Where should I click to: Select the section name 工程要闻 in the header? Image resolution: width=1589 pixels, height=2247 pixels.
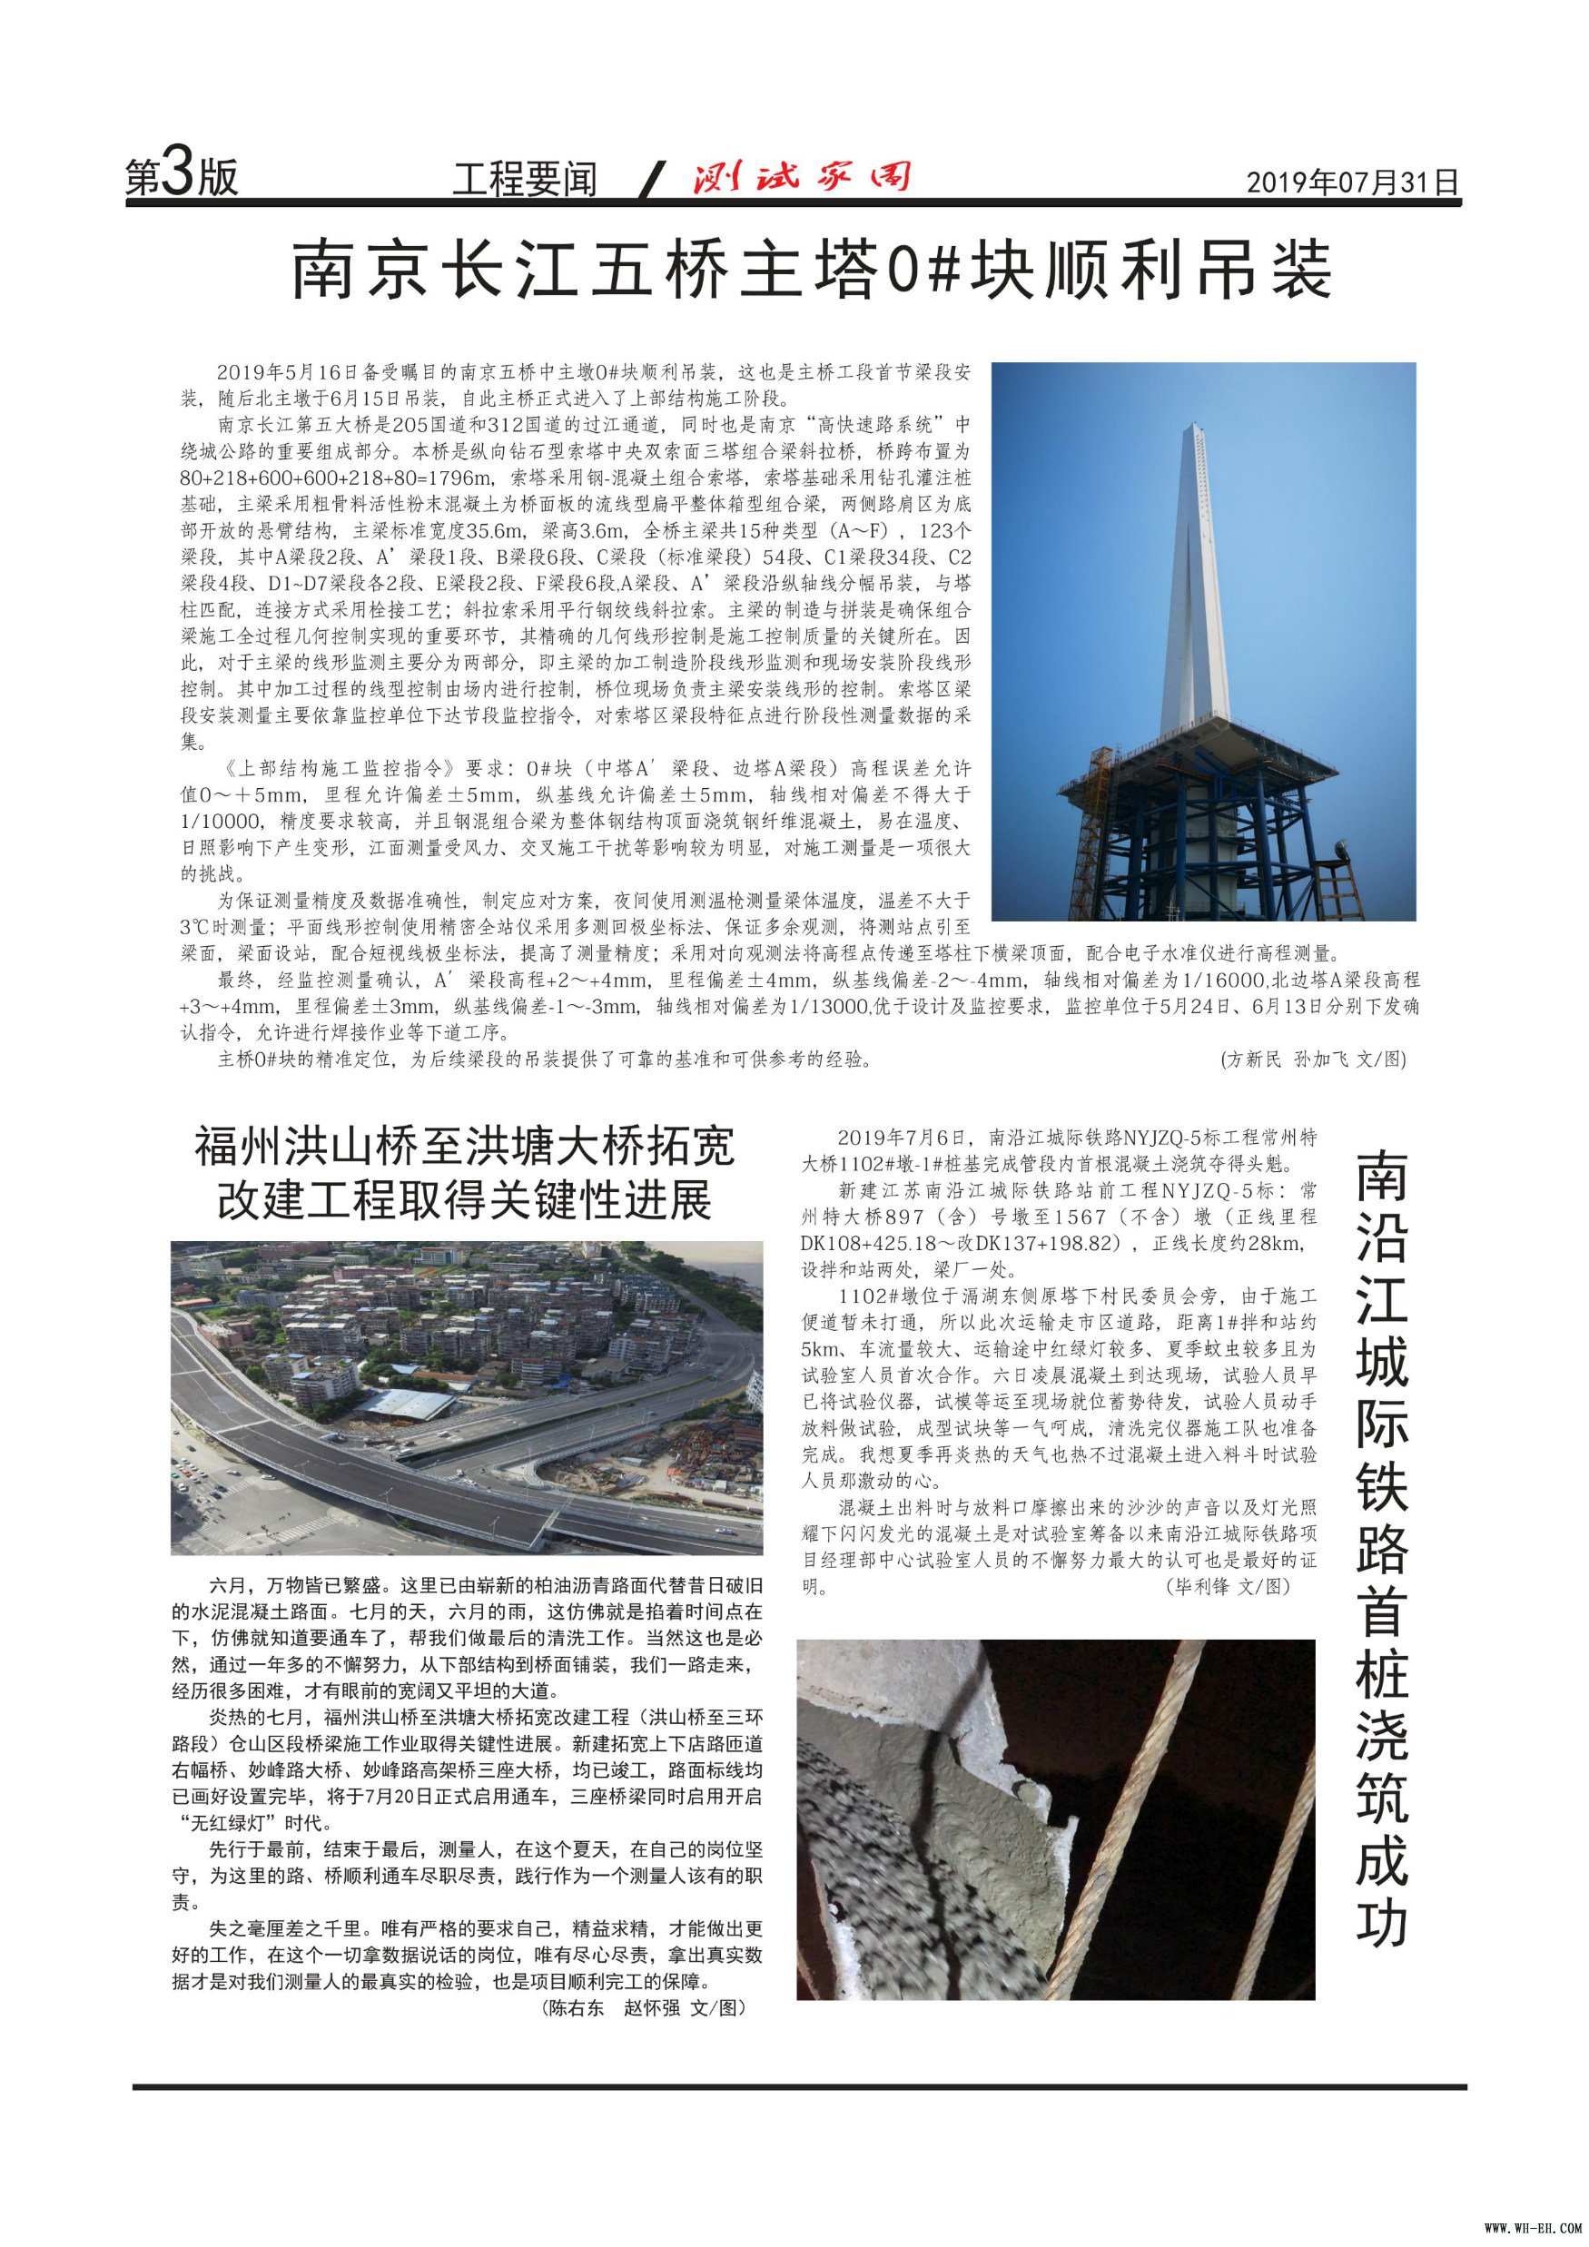pyautogui.click(x=525, y=180)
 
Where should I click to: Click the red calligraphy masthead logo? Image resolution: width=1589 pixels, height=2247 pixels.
pyautogui.click(x=802, y=176)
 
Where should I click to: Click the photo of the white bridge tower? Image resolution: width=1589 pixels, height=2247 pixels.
pyautogui.click(x=1203, y=641)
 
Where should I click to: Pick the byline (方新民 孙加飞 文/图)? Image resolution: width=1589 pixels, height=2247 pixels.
pyautogui.click(x=1312, y=1059)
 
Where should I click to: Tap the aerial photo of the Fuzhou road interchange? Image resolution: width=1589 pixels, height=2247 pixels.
pyautogui.click(x=466, y=1397)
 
